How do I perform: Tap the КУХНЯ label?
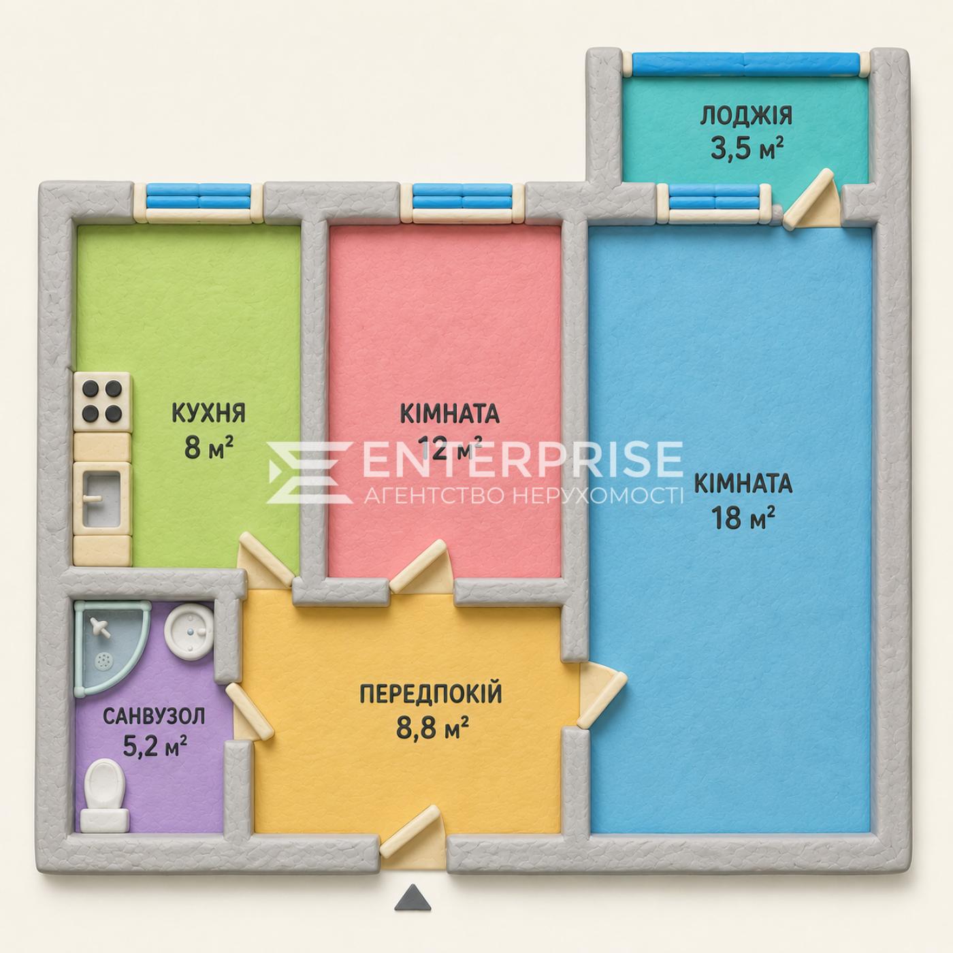click(209, 413)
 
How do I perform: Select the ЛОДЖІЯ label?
click(746, 115)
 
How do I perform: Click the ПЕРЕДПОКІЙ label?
click(431, 693)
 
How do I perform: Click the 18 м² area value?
click(743, 518)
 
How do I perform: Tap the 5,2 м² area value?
click(155, 747)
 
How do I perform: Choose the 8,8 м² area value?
click(433, 727)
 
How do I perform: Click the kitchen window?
click(199, 201)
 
